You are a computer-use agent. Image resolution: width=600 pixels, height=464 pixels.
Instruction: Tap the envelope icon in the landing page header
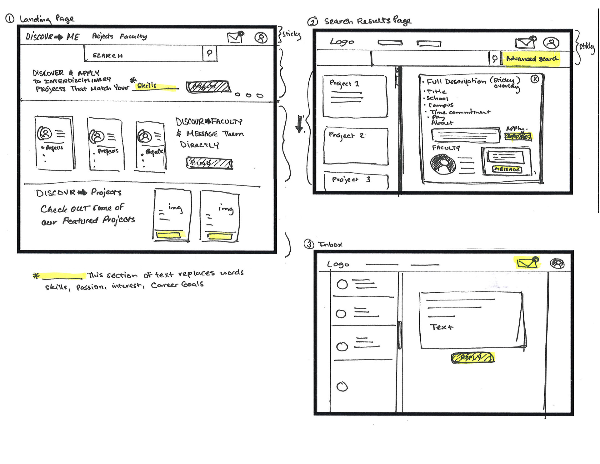coord(236,37)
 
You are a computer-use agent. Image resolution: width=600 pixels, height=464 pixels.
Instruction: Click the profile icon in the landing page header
coord(261,38)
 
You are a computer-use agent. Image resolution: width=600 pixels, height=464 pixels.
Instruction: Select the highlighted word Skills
coord(147,86)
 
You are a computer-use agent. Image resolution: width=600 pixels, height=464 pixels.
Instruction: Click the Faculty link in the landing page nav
coord(133,36)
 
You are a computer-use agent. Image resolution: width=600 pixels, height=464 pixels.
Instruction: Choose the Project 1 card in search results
coord(355,96)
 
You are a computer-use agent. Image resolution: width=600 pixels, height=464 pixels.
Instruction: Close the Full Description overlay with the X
coord(535,79)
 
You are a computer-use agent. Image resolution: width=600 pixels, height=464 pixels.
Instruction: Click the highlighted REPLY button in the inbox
coord(473,357)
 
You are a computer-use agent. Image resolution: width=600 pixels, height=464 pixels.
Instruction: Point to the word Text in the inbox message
coord(441,327)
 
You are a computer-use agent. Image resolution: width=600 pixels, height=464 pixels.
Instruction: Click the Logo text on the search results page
coord(342,42)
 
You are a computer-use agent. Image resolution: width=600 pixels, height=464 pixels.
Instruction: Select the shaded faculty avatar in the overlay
coord(442,164)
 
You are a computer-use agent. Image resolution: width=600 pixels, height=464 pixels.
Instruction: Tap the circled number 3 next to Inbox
coord(309,244)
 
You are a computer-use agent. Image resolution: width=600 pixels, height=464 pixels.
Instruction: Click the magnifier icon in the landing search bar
coord(209,53)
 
